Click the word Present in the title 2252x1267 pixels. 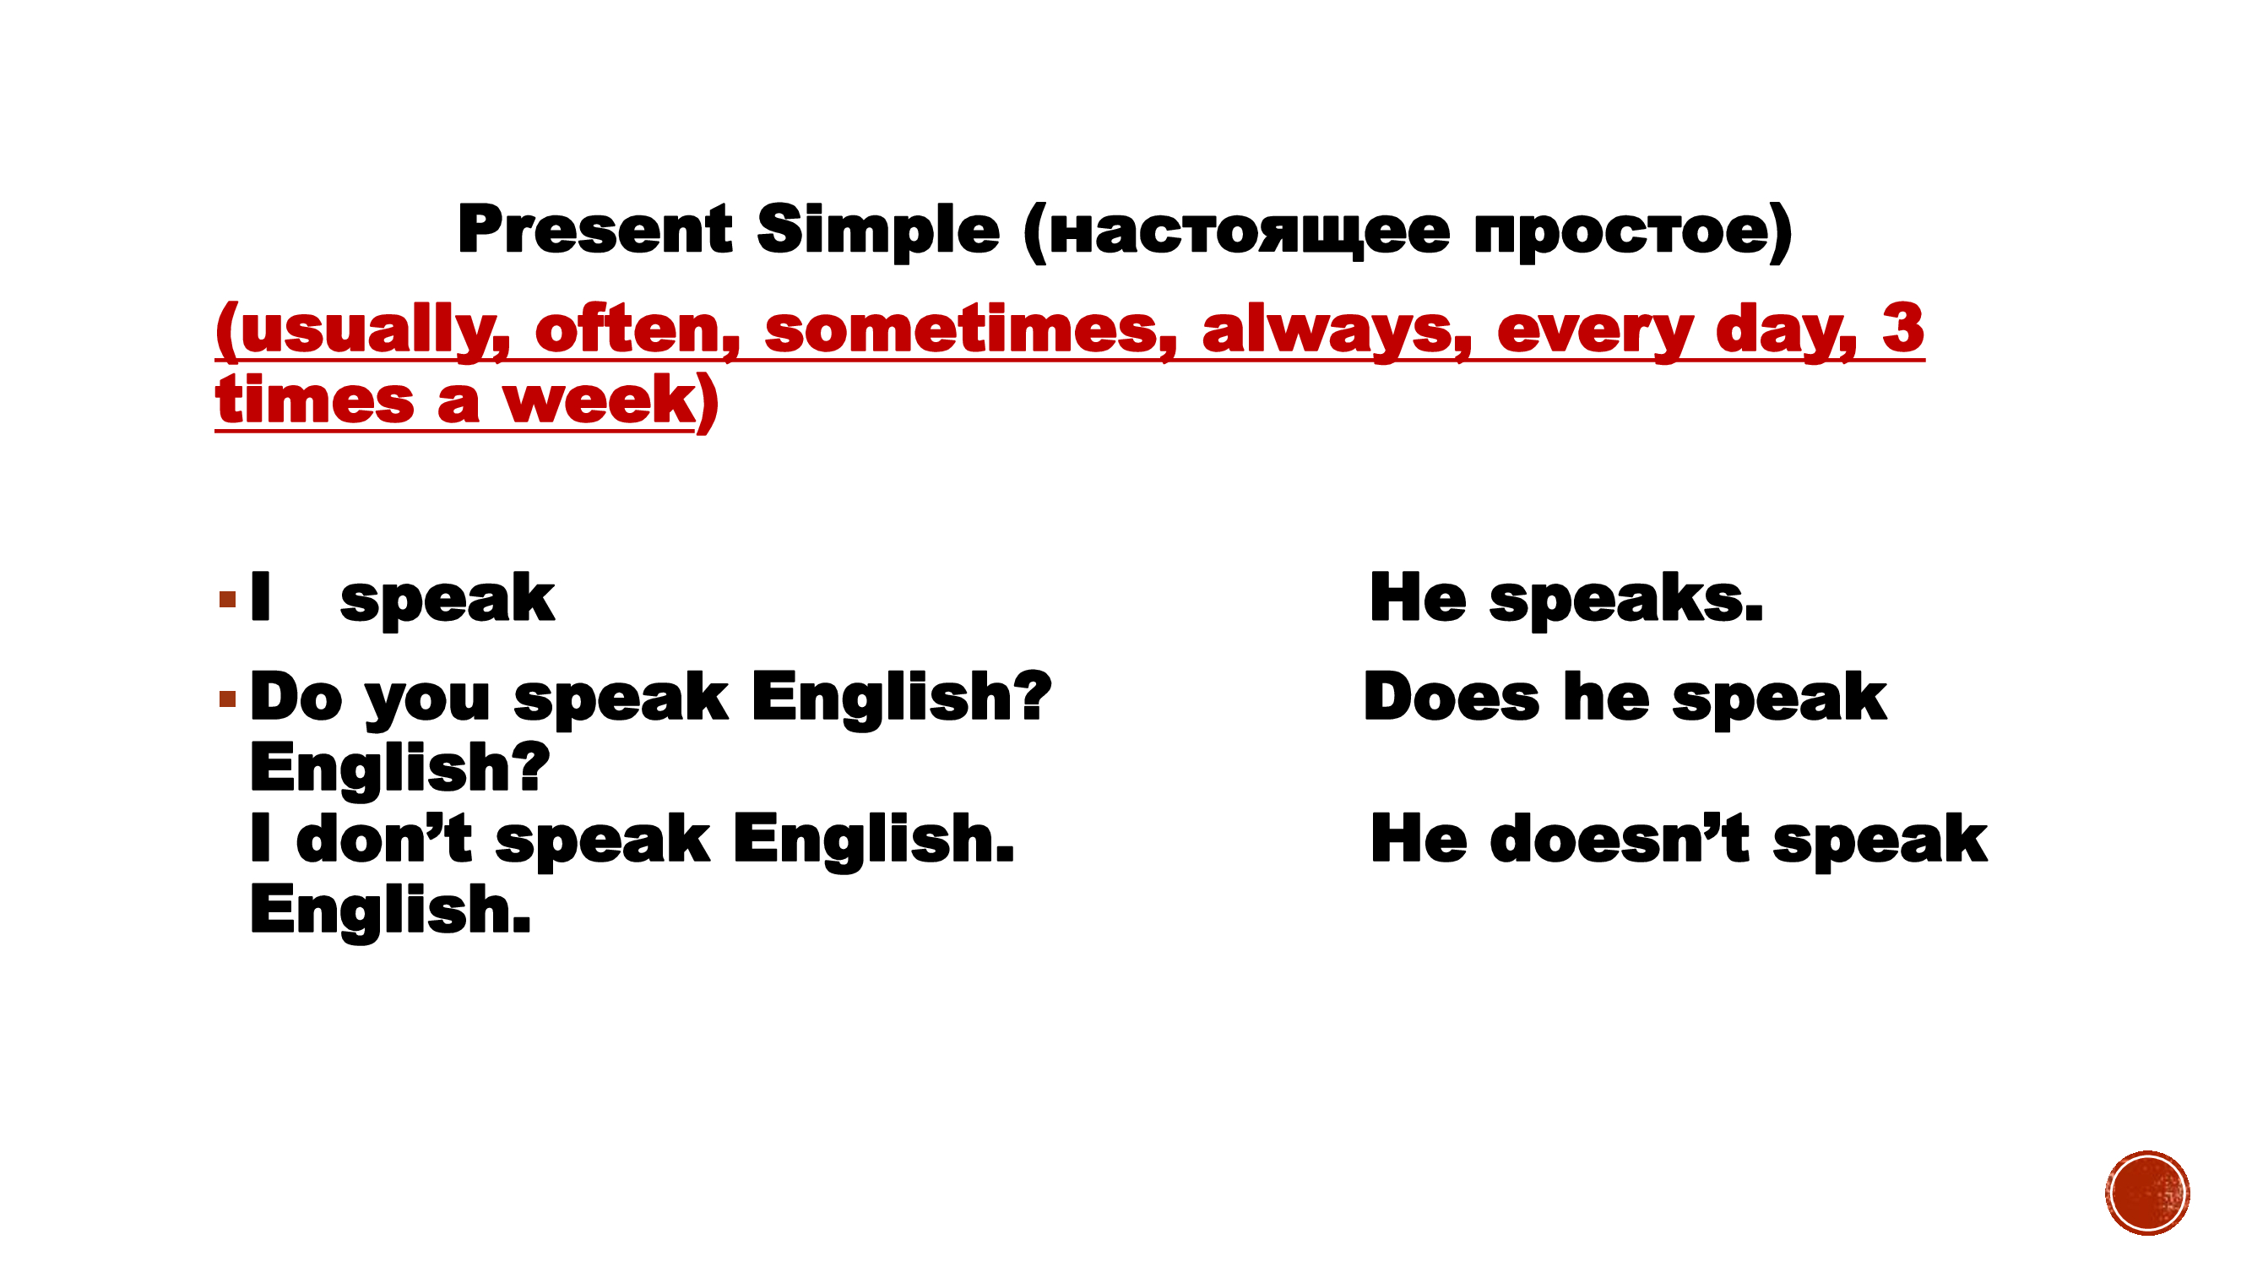(594, 230)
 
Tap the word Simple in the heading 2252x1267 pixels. (877, 231)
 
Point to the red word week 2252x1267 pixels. (599, 400)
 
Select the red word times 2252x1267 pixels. (315, 400)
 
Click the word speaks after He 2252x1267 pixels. (1627, 600)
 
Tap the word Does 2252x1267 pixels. (1452, 698)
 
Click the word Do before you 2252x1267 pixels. (296, 698)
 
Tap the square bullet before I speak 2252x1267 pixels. (228, 600)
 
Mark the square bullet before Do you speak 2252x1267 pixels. (228, 698)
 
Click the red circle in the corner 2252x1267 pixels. (2147, 1193)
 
